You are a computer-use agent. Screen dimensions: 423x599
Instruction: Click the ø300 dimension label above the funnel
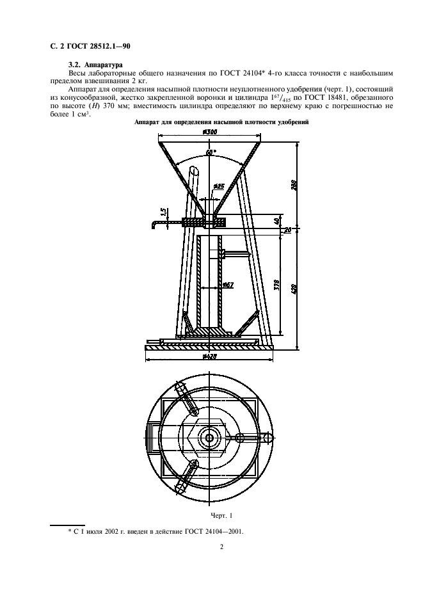point(209,132)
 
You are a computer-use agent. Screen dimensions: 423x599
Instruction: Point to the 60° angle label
point(211,152)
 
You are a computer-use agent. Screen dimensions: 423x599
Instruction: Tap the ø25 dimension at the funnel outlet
point(218,186)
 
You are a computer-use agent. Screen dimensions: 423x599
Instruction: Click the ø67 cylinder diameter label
point(228,285)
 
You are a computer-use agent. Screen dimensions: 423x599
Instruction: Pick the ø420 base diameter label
point(209,357)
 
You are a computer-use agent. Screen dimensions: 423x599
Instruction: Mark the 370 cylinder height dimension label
point(278,285)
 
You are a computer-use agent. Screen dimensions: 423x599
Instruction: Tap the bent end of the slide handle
point(154,225)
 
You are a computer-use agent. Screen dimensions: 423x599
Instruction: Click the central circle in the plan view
point(209,437)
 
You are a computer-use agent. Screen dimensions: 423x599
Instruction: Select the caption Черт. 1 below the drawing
point(221,515)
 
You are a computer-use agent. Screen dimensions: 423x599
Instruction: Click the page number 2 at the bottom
point(221,547)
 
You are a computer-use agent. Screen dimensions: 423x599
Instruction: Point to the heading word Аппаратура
point(103,65)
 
